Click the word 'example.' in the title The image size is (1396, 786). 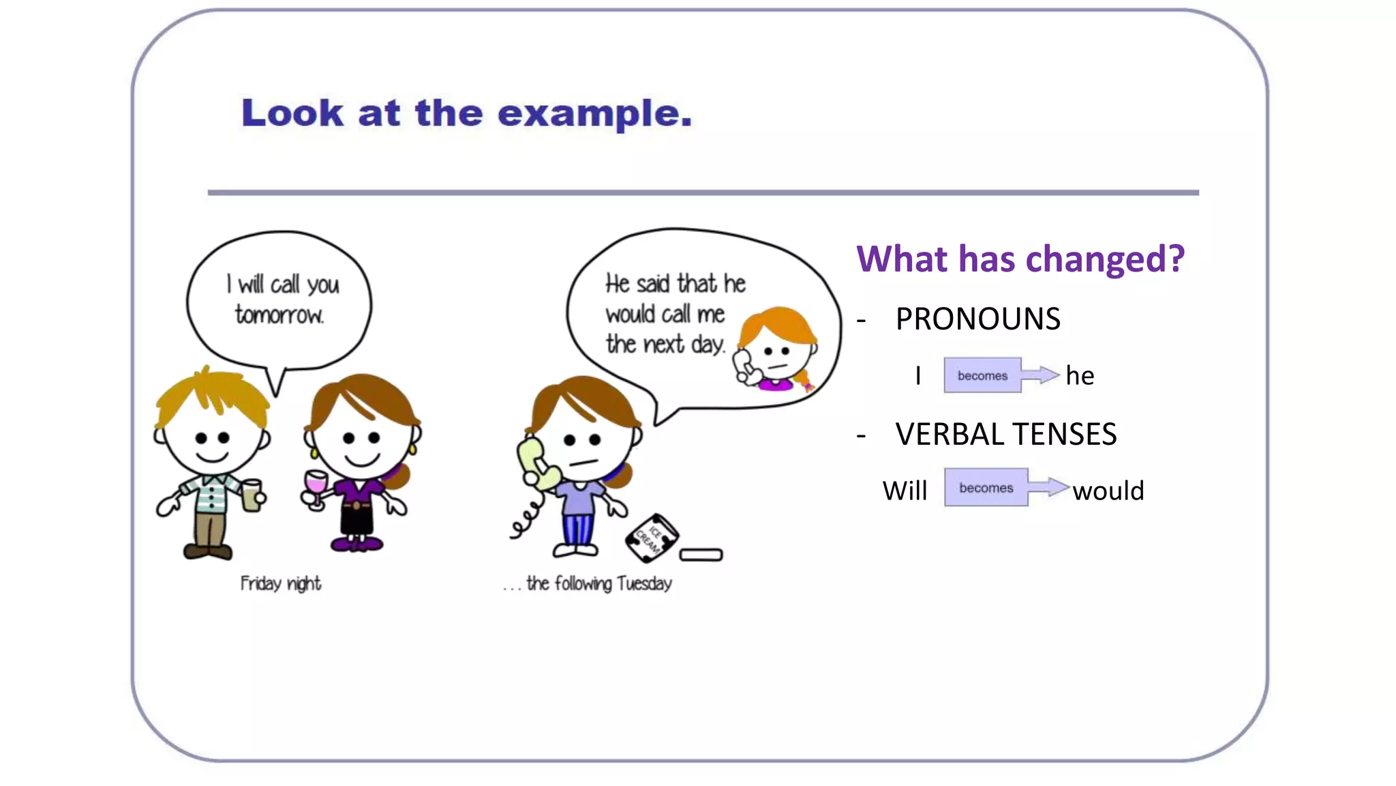point(594,113)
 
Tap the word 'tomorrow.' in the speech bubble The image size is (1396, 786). point(279,315)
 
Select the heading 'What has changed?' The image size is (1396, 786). point(1020,259)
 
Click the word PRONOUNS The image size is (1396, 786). point(977,319)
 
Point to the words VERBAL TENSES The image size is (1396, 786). point(1005,434)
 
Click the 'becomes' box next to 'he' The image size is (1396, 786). point(982,375)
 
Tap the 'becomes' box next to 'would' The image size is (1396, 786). point(986,487)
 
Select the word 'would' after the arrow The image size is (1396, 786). point(1108,491)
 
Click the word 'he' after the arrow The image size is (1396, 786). point(1080,375)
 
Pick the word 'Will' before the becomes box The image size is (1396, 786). point(905,491)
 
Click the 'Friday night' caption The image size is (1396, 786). point(280,583)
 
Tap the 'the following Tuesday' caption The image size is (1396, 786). point(598,583)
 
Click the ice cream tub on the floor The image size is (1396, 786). point(651,538)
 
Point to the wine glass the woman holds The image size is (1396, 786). point(316,486)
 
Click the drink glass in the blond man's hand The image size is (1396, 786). point(252,495)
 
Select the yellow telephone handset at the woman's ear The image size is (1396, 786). point(537,464)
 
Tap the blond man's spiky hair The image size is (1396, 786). point(211,396)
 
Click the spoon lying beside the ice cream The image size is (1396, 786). point(701,555)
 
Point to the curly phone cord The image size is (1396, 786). point(526,520)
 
